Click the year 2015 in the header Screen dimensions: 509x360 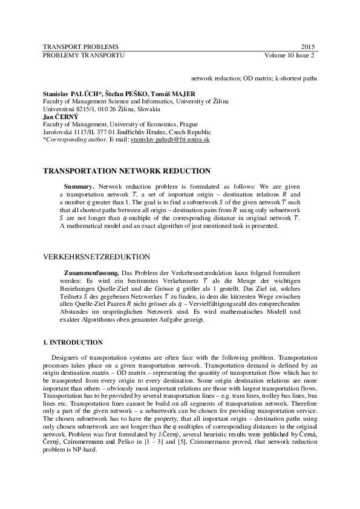tap(308, 47)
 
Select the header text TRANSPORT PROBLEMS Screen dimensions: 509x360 tap(81, 47)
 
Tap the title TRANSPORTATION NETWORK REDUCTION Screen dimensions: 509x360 tap(126, 171)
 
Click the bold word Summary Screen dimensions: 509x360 tap(79, 187)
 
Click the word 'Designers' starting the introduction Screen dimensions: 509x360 tap(67, 357)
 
